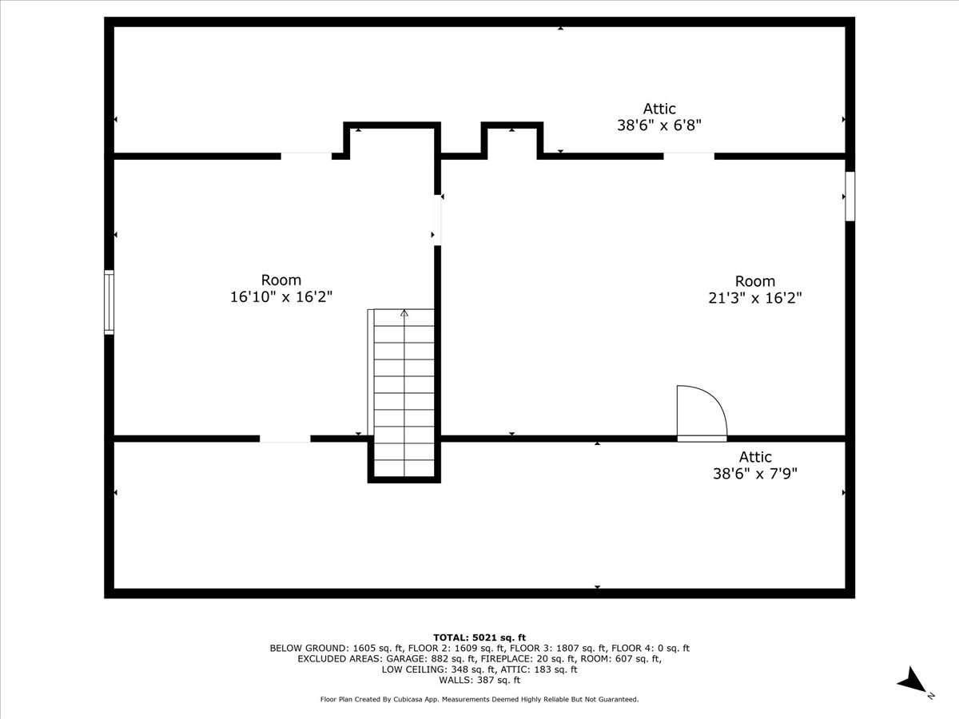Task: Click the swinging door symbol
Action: coord(701,413)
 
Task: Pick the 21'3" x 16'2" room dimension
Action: coord(755,298)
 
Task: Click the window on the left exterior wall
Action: coord(109,302)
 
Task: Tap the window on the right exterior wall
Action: coord(850,196)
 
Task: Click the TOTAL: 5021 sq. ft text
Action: coord(479,637)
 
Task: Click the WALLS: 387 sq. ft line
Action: coord(479,681)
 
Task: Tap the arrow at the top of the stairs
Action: coord(404,314)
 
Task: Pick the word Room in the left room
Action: coord(281,280)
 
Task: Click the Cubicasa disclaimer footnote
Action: coord(479,700)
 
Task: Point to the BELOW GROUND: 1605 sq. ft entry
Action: coord(336,648)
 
